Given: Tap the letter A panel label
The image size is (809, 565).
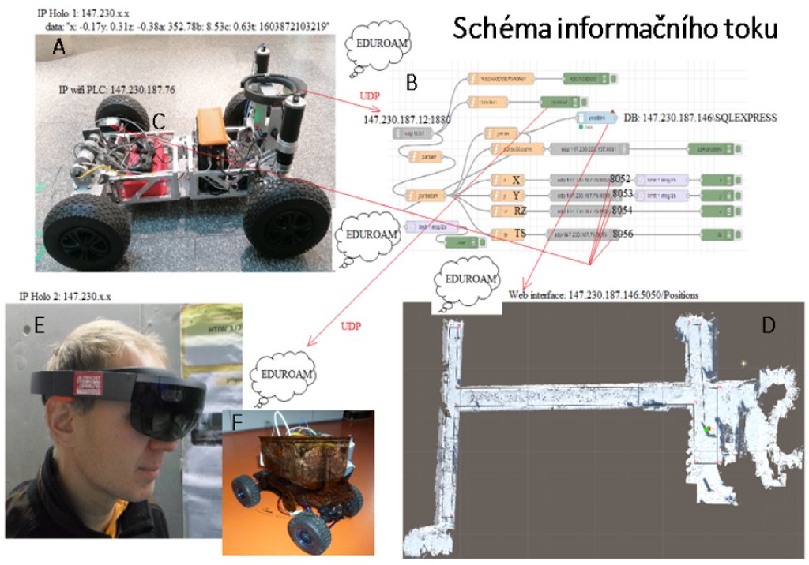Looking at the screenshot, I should point(58,48).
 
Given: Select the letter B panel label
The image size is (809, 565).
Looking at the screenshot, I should point(412,80).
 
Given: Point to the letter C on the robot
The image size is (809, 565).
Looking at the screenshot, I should point(158,121).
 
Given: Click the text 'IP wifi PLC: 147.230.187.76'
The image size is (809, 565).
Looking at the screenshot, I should point(117,90).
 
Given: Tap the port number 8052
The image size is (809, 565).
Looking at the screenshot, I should point(622,179).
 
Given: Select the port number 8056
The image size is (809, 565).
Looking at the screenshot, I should point(622,234).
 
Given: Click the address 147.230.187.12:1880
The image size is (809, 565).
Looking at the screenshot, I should point(404,120).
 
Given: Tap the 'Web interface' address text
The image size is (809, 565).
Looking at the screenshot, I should point(604,294).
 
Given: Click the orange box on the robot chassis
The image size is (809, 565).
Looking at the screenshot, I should point(212,125).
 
